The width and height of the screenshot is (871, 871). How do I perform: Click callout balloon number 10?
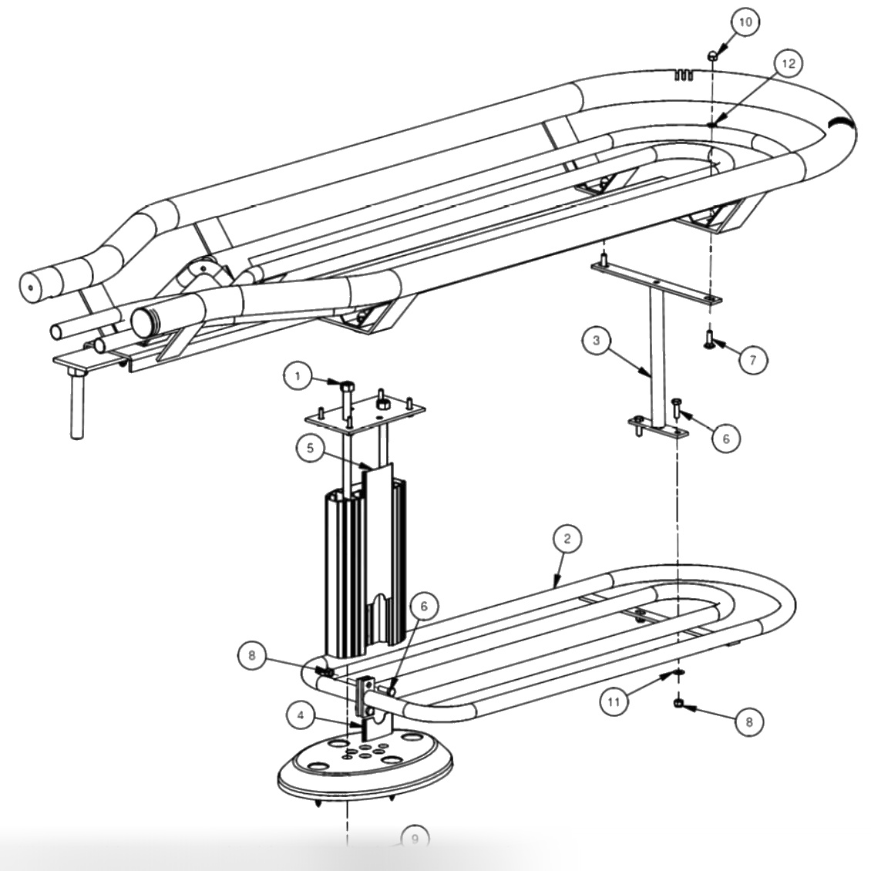tap(744, 22)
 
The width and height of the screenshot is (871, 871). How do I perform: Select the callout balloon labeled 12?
tap(787, 64)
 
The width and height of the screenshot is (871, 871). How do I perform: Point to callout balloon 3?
tap(597, 341)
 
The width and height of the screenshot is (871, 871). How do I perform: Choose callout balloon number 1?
tap(297, 377)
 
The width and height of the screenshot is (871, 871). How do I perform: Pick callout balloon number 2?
tap(567, 540)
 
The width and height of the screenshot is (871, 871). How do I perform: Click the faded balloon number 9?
tap(415, 838)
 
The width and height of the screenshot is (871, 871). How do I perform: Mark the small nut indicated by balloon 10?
tap(714, 55)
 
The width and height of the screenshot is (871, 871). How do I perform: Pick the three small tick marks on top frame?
tap(684, 74)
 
